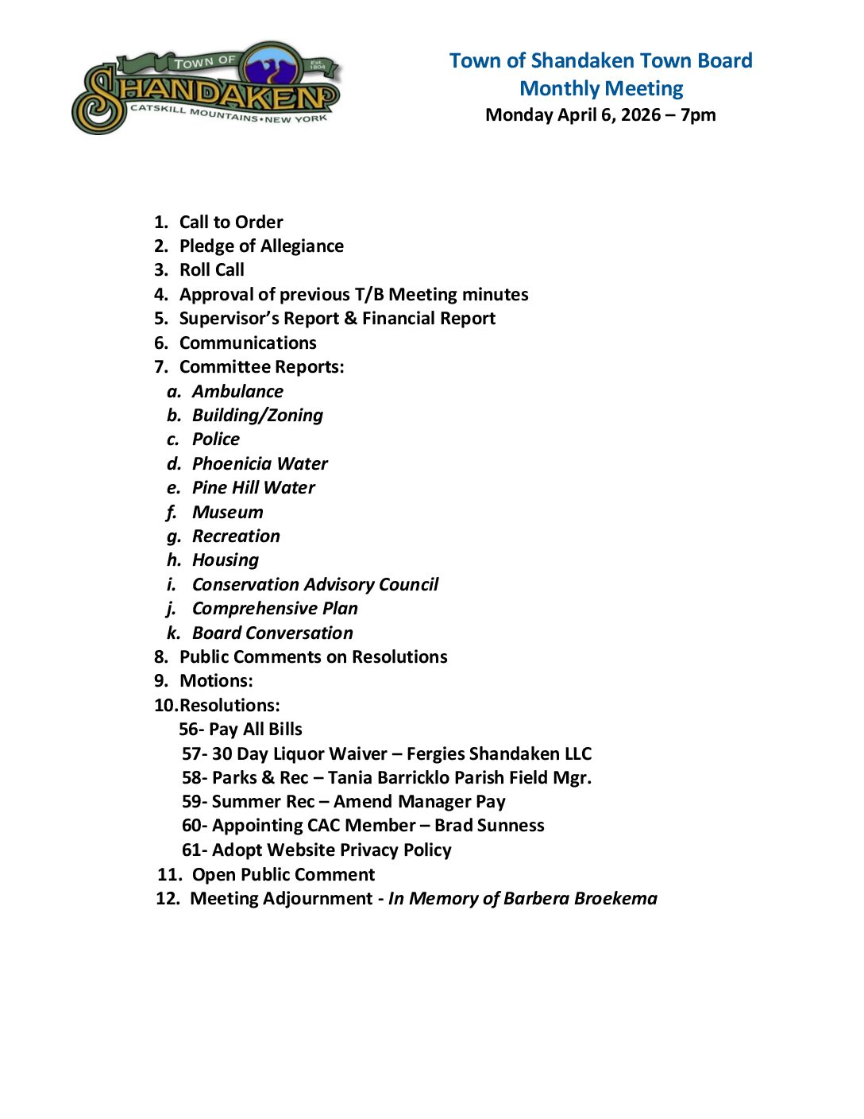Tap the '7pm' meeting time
698,115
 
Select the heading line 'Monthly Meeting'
601,88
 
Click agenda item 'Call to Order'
231,223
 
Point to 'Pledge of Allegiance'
261,246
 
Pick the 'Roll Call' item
212,270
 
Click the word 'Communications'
248,343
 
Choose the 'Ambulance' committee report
237,392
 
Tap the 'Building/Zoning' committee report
257,416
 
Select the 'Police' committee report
216,439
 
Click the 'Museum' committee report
228,513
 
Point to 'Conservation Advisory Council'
315,585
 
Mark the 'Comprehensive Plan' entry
275,609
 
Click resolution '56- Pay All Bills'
241,730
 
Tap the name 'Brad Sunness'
489,826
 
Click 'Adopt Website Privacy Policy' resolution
331,850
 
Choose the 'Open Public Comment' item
283,875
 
